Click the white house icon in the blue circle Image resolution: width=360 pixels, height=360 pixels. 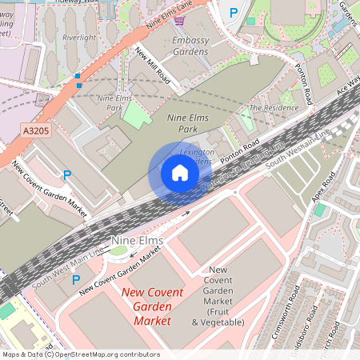[180, 172]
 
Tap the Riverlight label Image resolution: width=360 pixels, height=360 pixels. [79, 37]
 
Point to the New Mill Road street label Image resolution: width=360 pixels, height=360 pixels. [153, 66]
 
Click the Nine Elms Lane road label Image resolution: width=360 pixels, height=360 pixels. [170, 16]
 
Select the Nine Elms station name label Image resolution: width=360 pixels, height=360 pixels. [138, 241]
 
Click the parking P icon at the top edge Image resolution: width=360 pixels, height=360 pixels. [234, 12]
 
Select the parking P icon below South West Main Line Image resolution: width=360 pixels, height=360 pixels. [76, 280]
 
